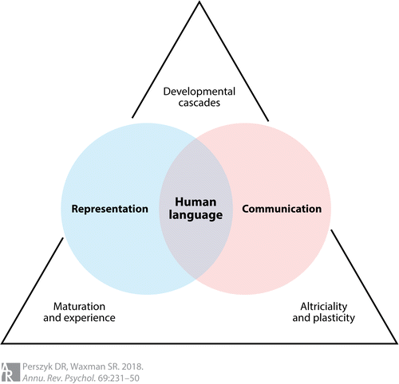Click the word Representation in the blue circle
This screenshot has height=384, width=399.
click(x=109, y=209)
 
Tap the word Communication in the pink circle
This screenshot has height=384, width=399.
click(x=282, y=209)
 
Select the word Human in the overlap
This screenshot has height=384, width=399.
click(x=196, y=202)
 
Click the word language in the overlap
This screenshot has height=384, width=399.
click(x=196, y=215)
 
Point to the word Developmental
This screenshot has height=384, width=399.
click(x=199, y=92)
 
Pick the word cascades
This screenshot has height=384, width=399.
click(x=199, y=103)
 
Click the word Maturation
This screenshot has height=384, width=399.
click(x=79, y=307)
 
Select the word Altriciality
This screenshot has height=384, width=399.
click(x=324, y=307)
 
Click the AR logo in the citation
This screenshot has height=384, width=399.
click(x=10, y=372)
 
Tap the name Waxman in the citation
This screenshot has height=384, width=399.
click(x=88, y=366)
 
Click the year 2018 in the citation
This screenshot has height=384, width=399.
click(x=132, y=366)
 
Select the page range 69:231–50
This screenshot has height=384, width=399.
click(x=119, y=378)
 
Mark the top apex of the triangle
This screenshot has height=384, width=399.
click(x=199, y=2)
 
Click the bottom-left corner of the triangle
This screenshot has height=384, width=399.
click(x=2, y=343)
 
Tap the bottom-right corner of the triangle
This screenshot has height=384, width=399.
click(x=397, y=343)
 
